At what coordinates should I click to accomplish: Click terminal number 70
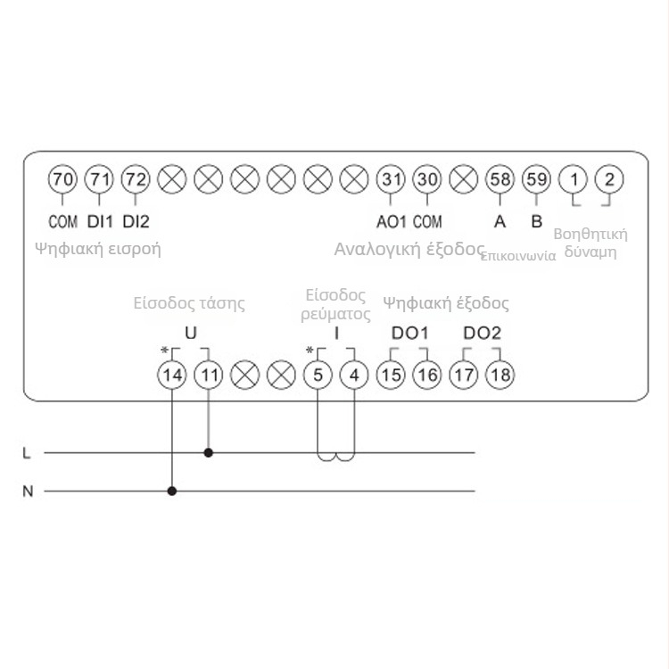(62, 179)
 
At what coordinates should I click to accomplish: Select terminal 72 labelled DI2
(136, 179)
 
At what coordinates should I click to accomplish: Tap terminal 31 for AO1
(391, 179)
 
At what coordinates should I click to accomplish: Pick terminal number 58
(500, 179)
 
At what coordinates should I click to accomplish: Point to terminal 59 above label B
(536, 179)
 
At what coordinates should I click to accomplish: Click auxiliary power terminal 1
(574, 179)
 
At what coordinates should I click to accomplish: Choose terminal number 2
(609, 179)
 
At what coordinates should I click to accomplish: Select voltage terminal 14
(172, 375)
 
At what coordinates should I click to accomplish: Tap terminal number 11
(209, 375)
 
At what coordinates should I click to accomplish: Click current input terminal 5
(318, 375)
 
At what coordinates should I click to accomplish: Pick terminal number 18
(500, 375)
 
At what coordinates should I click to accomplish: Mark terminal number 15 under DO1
(391, 375)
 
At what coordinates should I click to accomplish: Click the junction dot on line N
(172, 490)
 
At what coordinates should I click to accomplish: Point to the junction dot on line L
(209, 452)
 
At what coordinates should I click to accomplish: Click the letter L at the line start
(27, 453)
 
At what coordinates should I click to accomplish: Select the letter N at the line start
(27, 491)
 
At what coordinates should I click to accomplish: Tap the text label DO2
(482, 333)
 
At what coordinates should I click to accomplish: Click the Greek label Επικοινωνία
(518, 255)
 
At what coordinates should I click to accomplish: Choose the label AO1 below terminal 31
(392, 220)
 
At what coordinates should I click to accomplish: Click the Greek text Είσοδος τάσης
(189, 302)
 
